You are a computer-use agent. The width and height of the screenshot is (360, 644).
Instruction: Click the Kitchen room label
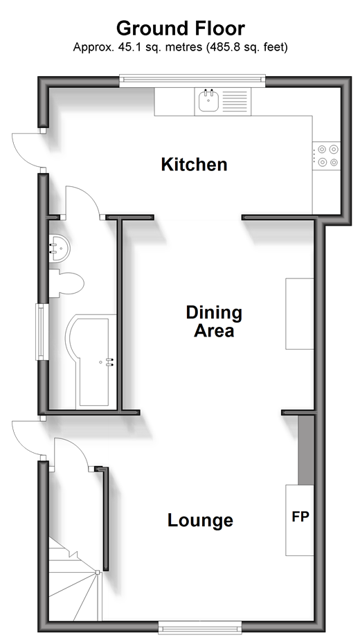pos(194,164)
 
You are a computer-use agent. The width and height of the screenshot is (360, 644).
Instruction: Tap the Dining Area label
pos(214,321)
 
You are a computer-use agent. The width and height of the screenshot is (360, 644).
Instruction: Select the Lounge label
pos(200,520)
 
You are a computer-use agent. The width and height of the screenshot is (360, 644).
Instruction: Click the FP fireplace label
pos(300,517)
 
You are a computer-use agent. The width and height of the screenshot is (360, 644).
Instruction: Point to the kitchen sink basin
pos(208,100)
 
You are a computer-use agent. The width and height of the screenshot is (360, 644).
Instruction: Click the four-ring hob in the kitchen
pos(327,156)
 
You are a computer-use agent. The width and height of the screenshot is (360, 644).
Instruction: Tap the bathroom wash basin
pos(59,248)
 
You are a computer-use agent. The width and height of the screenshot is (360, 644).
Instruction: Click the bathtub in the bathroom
pos(91,361)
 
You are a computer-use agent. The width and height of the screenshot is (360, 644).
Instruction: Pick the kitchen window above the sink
pos(192,80)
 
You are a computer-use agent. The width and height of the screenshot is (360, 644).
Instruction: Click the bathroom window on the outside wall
pos(42,332)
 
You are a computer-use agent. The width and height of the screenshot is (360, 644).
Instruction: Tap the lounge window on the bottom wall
pos(200,627)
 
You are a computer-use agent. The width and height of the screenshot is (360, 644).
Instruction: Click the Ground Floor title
pos(181,29)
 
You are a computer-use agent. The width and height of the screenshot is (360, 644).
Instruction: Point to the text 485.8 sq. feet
pos(246,47)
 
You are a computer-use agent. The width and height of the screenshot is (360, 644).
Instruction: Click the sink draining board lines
pos(235,101)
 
